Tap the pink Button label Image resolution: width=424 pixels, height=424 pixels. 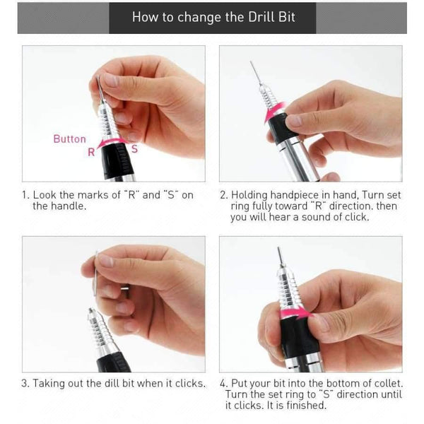pos(70,139)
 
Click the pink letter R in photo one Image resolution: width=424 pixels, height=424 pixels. pos(91,152)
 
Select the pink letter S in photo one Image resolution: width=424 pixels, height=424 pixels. pos(134,149)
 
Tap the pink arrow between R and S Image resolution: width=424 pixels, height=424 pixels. pos(112,142)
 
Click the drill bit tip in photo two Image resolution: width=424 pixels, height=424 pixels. pos(252,62)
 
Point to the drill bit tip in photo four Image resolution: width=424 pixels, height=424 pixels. pos(278,248)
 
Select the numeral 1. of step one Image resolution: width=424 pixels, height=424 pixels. pos(25,195)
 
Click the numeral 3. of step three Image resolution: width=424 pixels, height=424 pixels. pos(25,383)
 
